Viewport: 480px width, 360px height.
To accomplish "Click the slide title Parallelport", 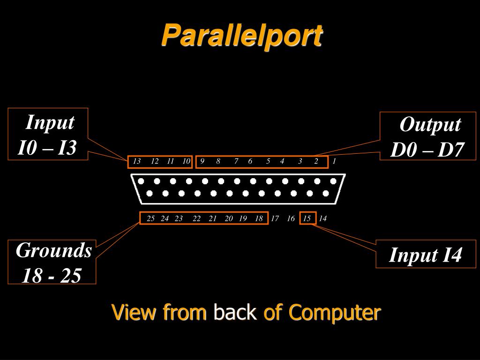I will [242, 35].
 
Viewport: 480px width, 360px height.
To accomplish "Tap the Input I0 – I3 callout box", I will [48, 134].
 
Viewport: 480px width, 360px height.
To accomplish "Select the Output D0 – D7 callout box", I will [427, 136].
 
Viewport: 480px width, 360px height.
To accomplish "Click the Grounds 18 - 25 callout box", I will [52, 262].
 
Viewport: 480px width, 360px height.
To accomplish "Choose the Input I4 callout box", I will [426, 255].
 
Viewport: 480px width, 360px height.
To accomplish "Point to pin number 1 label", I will [334, 161].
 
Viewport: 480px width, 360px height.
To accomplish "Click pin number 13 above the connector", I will [137, 161].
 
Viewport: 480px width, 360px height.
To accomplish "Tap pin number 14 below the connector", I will [322, 218].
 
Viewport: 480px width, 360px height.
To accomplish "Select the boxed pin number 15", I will [307, 218].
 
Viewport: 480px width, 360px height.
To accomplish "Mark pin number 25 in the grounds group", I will [150, 218].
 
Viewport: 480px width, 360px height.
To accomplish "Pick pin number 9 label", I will [202, 161].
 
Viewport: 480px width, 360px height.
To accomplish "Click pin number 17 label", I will [275, 218].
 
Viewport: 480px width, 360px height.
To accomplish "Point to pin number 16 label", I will [291, 218].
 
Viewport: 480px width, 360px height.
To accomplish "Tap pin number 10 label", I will [186, 161].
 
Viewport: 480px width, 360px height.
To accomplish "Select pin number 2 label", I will [316, 161].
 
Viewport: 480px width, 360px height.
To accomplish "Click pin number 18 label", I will [259, 218].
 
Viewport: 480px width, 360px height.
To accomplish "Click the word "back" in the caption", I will [234, 312].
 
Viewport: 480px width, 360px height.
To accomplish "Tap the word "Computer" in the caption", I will [334, 312].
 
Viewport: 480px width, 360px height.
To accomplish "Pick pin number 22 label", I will [196, 218].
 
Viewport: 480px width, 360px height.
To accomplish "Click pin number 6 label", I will [250, 161].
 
